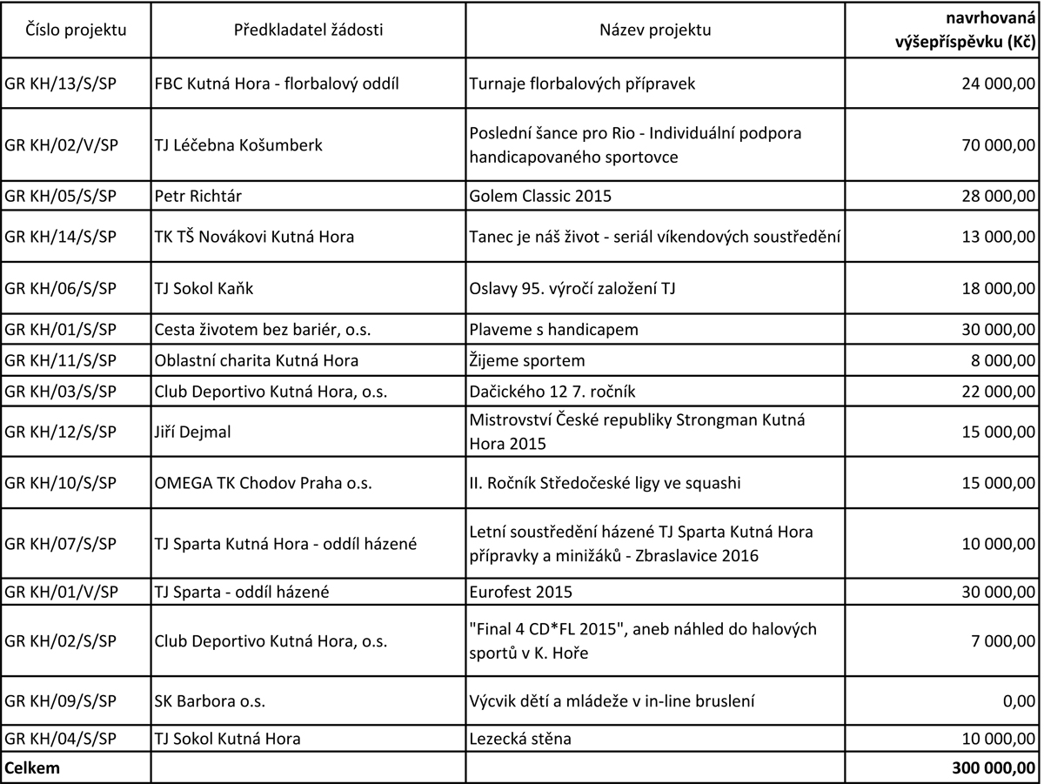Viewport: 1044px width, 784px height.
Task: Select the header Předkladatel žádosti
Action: [x=308, y=30]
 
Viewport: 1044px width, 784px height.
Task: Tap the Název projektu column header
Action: [x=655, y=30]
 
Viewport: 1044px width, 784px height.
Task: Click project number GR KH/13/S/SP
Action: [x=61, y=84]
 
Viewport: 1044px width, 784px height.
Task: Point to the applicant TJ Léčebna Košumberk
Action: [x=238, y=145]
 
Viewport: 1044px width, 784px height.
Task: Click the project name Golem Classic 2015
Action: [x=540, y=196]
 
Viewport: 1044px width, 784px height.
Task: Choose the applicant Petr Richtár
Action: [x=197, y=196]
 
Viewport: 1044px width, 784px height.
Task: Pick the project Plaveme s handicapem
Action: [x=554, y=330]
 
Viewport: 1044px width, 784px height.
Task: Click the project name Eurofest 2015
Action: [x=520, y=593]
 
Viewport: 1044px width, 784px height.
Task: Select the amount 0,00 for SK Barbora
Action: [x=1019, y=700]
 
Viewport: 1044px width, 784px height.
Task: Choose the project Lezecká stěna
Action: [x=520, y=739]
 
